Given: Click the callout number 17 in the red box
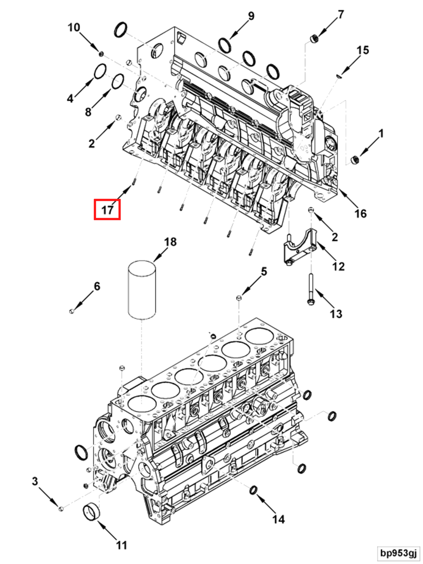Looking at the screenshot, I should (107, 210).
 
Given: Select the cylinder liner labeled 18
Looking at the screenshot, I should (142, 290).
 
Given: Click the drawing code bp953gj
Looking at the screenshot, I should (398, 553).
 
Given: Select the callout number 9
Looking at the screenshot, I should (251, 16).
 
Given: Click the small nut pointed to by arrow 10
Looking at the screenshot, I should (101, 54).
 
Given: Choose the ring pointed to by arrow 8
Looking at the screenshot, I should (118, 81).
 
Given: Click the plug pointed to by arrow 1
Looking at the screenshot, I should (355, 160).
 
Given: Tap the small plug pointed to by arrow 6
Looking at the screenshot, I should (72, 311).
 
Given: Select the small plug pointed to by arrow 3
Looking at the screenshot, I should (61, 509).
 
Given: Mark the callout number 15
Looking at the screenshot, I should (362, 50).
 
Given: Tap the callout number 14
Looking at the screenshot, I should (278, 519).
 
